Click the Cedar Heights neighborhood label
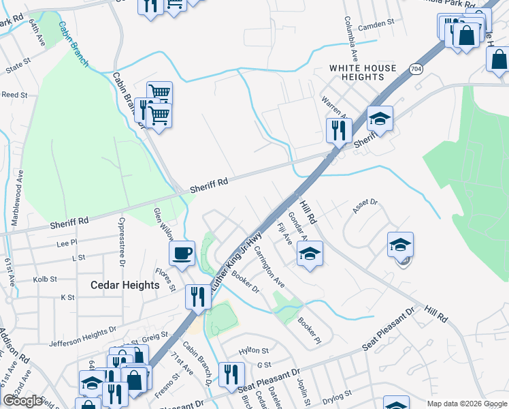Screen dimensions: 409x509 pos(125,285)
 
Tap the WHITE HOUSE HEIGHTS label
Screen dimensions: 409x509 pos(363,72)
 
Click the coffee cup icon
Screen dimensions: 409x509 pos(182,254)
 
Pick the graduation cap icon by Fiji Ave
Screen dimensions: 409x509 pos(310,254)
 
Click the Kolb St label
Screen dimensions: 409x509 pos(44,279)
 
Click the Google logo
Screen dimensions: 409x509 pos(23,401)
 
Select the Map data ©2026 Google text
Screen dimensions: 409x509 pos(467,404)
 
